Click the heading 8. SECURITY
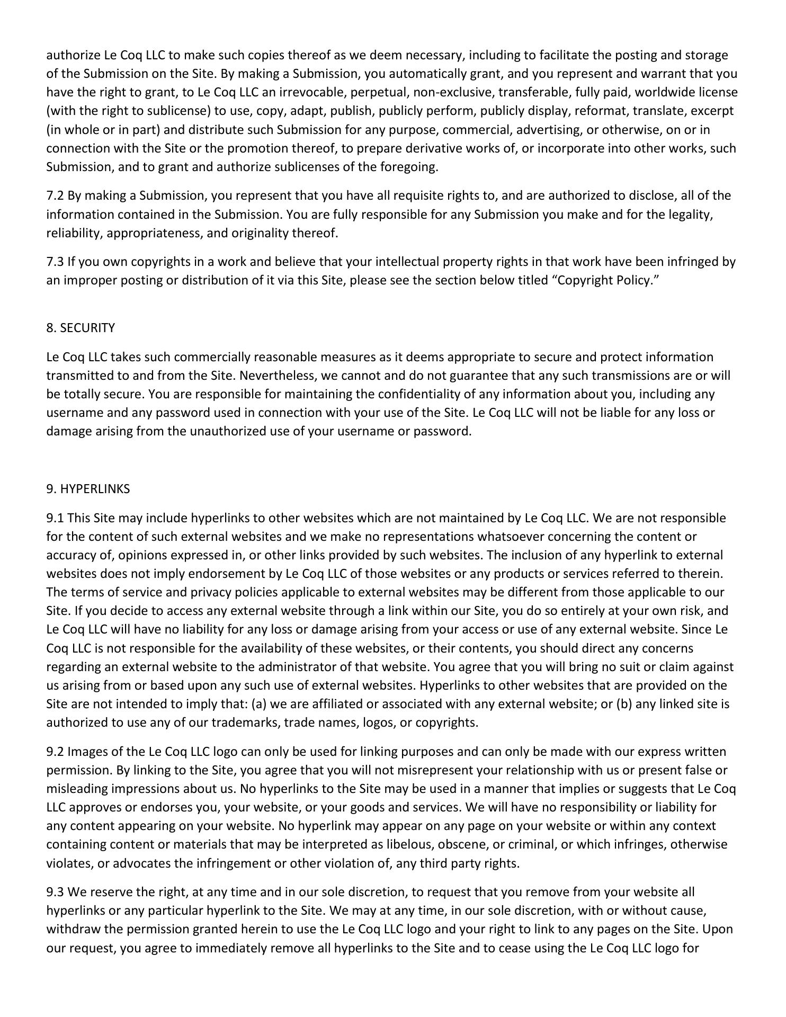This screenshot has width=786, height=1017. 81,328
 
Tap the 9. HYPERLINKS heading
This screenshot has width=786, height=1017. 88,489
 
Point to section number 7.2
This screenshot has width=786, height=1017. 55,196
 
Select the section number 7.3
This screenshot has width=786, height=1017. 55,262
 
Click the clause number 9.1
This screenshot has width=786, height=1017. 55,518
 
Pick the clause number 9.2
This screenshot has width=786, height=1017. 55,752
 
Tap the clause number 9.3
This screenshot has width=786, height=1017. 55,893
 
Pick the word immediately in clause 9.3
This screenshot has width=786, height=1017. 231,948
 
